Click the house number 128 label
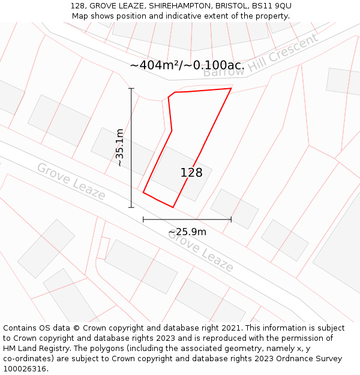click(x=191, y=173)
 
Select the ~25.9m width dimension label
click(x=187, y=232)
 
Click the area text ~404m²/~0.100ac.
click(x=187, y=65)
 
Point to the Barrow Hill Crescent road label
click(x=260, y=55)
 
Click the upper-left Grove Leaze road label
click(x=71, y=181)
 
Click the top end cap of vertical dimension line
click(x=131, y=88)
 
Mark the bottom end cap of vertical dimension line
click(x=131, y=208)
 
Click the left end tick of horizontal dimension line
click(x=143, y=220)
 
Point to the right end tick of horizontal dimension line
click(x=231, y=220)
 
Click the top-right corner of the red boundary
click(x=231, y=89)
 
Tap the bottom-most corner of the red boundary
click(x=173, y=208)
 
